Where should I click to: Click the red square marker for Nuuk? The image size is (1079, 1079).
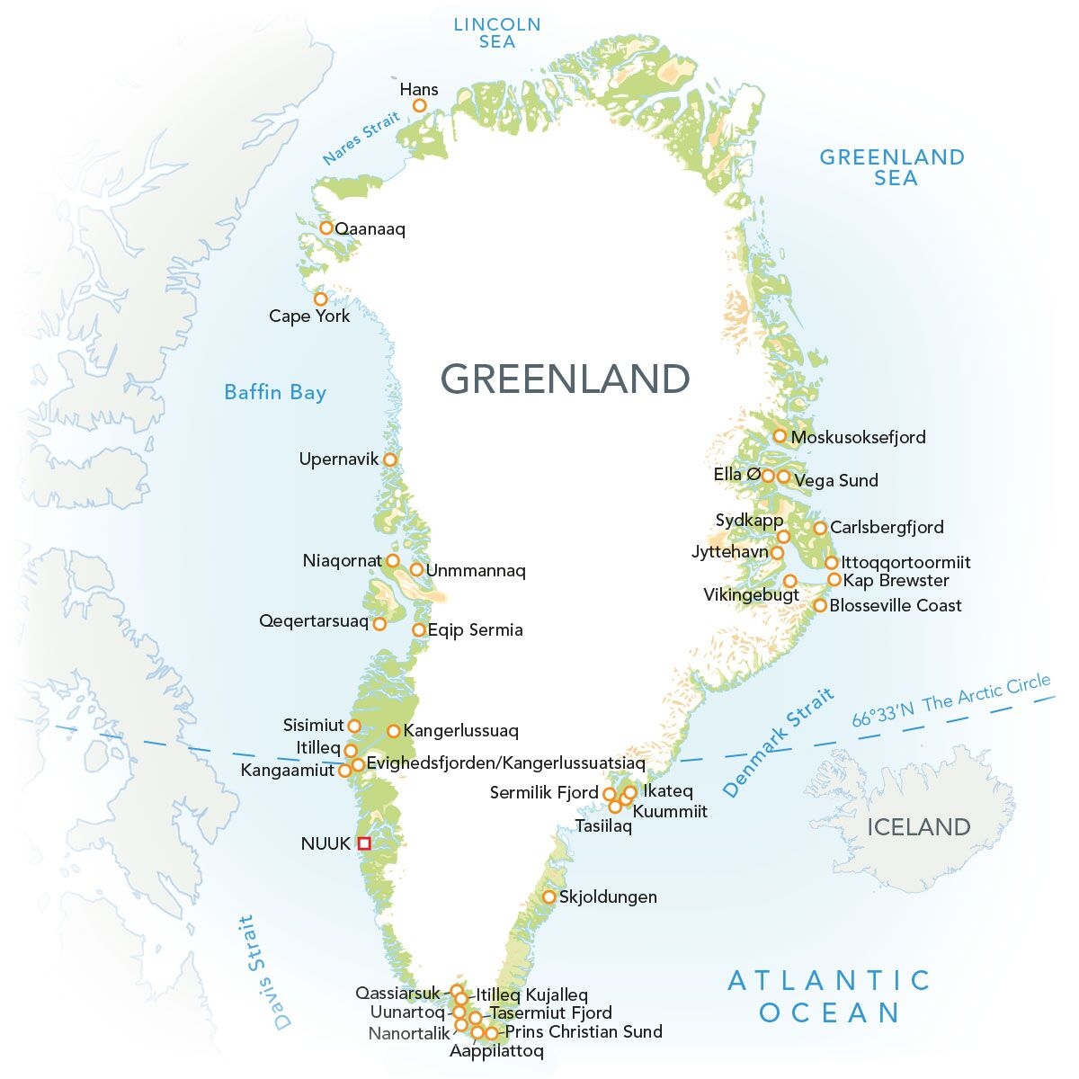pyautogui.click(x=364, y=843)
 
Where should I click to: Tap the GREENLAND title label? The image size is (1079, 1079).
pyautogui.click(x=565, y=379)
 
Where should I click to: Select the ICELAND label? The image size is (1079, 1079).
pyautogui.click(x=918, y=827)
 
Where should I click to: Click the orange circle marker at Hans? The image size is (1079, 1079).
pyautogui.click(x=419, y=106)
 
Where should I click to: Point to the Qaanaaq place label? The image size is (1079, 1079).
pyautogui.click(x=370, y=229)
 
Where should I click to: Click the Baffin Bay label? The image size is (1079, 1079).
pyautogui.click(x=274, y=392)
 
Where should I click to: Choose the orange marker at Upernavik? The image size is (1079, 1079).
pyautogui.click(x=390, y=459)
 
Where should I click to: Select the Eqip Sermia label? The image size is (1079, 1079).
pyautogui.click(x=476, y=630)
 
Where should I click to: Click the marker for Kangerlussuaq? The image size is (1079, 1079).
pyautogui.click(x=394, y=731)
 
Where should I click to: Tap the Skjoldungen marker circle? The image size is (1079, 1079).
pyautogui.click(x=548, y=896)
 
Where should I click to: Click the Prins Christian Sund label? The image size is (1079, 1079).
pyautogui.click(x=584, y=1031)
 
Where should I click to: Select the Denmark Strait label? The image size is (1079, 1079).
pyautogui.click(x=779, y=743)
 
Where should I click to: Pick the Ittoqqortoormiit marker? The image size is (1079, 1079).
pyautogui.click(x=832, y=563)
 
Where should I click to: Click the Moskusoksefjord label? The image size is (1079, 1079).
pyautogui.click(x=858, y=437)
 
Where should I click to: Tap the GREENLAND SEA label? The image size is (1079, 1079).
pyautogui.click(x=891, y=167)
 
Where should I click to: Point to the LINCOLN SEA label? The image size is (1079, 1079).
pyautogui.click(x=497, y=32)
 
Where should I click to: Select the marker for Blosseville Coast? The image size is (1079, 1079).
pyautogui.click(x=820, y=605)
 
